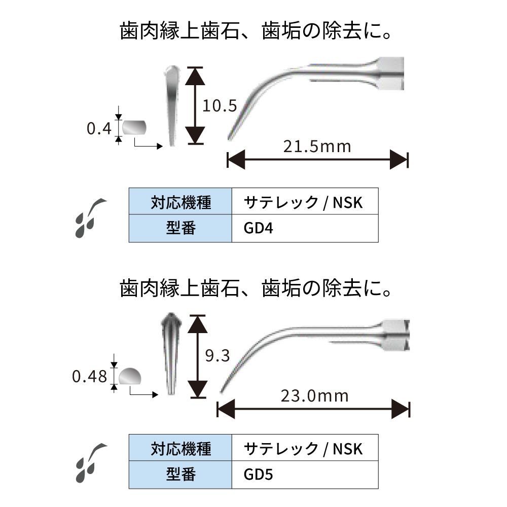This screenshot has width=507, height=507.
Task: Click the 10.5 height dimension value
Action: pyautogui.click(x=220, y=106)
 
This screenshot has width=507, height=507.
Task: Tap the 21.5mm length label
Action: pyautogui.click(x=317, y=147)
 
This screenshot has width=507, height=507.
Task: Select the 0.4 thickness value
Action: pyautogui.click(x=98, y=129)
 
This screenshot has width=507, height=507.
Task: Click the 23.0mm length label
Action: pyautogui.click(x=314, y=395)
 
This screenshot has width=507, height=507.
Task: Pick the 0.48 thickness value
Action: pyautogui.click(x=89, y=376)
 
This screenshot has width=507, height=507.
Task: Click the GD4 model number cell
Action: pyautogui.click(x=305, y=229)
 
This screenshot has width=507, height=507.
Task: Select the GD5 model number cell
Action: pyautogui.click(x=305, y=475)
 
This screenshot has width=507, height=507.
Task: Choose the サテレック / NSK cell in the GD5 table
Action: pyautogui.click(x=305, y=449)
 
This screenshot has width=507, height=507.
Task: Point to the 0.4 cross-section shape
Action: pyautogui.click(x=134, y=127)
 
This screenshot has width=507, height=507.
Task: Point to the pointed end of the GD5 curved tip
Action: pyautogui.click(x=222, y=390)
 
